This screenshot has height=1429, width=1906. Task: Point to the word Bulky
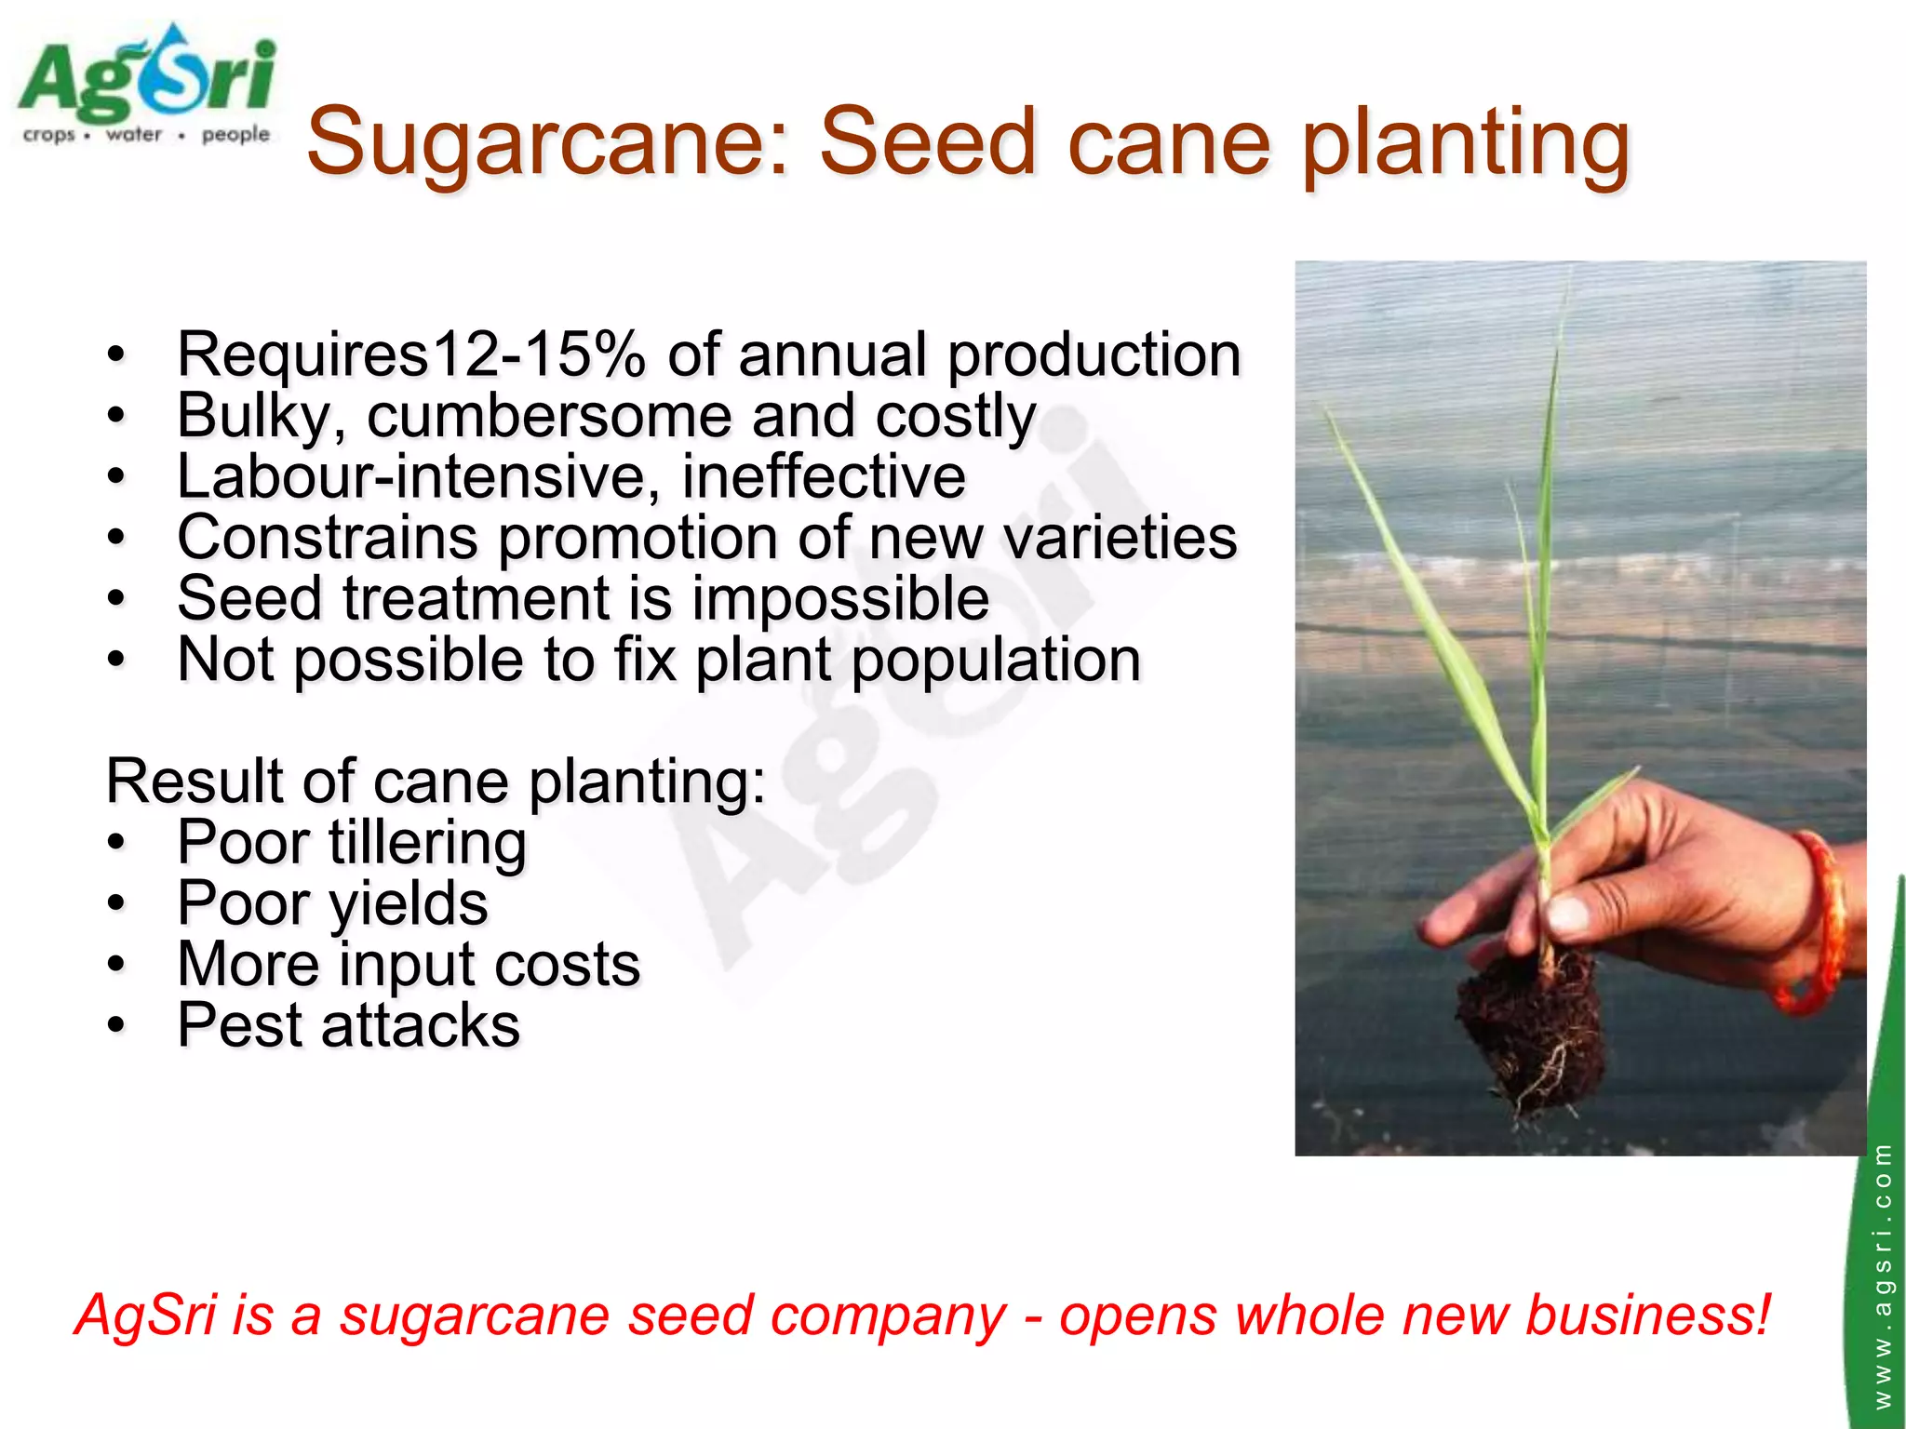[x=252, y=416]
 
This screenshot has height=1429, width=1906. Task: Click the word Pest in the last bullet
[x=239, y=1025]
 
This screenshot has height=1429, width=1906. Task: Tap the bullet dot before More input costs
[x=115, y=965]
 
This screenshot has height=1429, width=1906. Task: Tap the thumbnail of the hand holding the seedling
[x=1579, y=707]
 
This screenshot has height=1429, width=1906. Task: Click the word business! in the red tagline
[x=1647, y=1315]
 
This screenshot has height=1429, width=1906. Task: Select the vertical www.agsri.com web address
[x=1882, y=1275]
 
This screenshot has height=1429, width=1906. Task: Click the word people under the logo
[x=235, y=135]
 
